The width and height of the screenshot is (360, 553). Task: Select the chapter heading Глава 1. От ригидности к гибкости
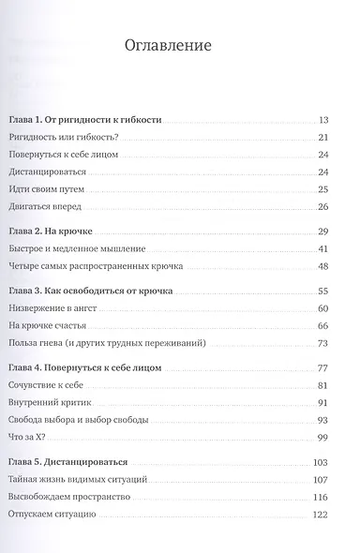click(x=97, y=120)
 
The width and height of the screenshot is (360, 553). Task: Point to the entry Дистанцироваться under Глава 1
click(x=59, y=172)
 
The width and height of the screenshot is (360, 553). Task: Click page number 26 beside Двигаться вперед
click(x=323, y=206)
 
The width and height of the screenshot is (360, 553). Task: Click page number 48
click(x=323, y=266)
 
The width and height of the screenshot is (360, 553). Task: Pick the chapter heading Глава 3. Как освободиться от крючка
click(x=104, y=291)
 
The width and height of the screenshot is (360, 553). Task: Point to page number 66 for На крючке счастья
click(x=323, y=326)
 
